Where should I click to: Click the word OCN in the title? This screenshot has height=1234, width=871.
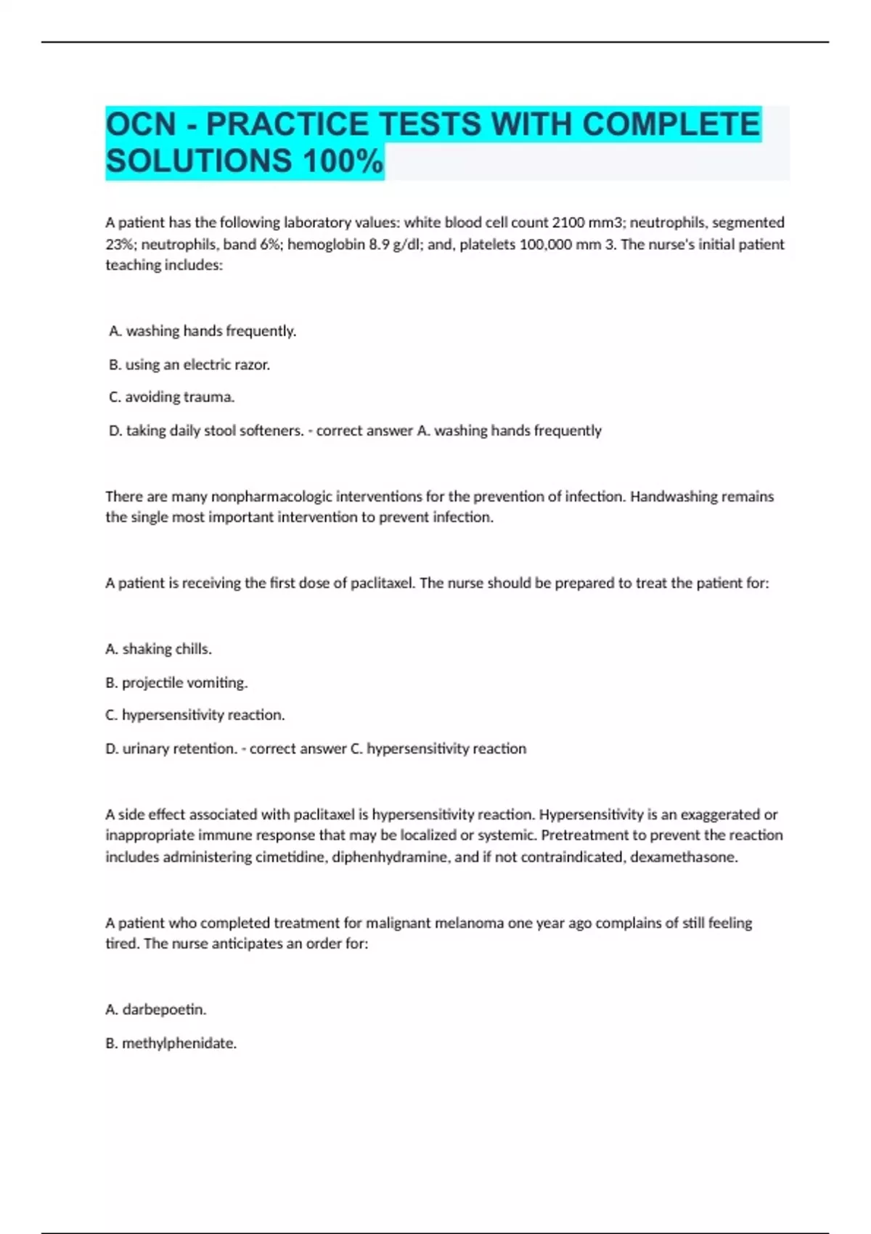coord(142,124)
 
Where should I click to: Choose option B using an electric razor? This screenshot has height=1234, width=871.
coord(189,364)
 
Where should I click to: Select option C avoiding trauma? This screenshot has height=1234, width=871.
coord(171,397)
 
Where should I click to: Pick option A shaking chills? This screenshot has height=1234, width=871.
coord(159,649)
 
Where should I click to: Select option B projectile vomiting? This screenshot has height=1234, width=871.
coord(176,682)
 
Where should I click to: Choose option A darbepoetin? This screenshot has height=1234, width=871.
coord(156,1009)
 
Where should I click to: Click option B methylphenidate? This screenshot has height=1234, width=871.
coord(171,1043)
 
